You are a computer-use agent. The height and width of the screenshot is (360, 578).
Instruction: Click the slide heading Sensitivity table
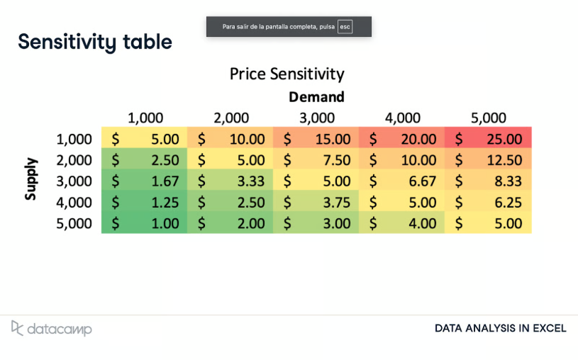point(95,42)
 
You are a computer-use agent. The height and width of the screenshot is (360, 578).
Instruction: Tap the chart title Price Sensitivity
point(287,74)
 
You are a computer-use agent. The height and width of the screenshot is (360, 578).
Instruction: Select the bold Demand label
point(316,97)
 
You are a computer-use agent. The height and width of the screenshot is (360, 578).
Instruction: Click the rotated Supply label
point(30,181)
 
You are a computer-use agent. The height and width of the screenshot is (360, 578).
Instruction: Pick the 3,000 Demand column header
point(316,118)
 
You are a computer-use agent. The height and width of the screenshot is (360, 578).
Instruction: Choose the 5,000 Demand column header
point(489,118)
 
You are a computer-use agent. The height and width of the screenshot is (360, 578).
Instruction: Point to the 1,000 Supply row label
point(74,139)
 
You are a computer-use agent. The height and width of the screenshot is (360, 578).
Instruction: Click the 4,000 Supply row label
point(74,203)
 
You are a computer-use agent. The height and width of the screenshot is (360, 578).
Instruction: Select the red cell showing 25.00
point(488,139)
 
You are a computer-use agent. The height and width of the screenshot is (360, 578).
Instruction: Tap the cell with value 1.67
point(145,181)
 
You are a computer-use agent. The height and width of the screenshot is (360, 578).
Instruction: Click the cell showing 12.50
point(488,160)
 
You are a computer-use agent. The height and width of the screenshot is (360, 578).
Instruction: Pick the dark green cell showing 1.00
point(145,224)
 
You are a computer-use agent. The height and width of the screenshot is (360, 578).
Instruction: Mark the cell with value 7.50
point(316,160)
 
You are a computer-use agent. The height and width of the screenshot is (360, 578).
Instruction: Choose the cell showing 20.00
point(402,139)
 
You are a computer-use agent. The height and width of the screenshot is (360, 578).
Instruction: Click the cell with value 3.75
point(316,203)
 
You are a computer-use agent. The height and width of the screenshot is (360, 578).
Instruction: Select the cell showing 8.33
point(488,181)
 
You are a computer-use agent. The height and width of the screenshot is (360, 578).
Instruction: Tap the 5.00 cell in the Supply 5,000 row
point(488,224)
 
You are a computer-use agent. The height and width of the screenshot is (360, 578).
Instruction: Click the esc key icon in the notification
point(345,27)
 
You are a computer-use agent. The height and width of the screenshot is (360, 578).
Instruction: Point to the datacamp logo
point(51,328)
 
